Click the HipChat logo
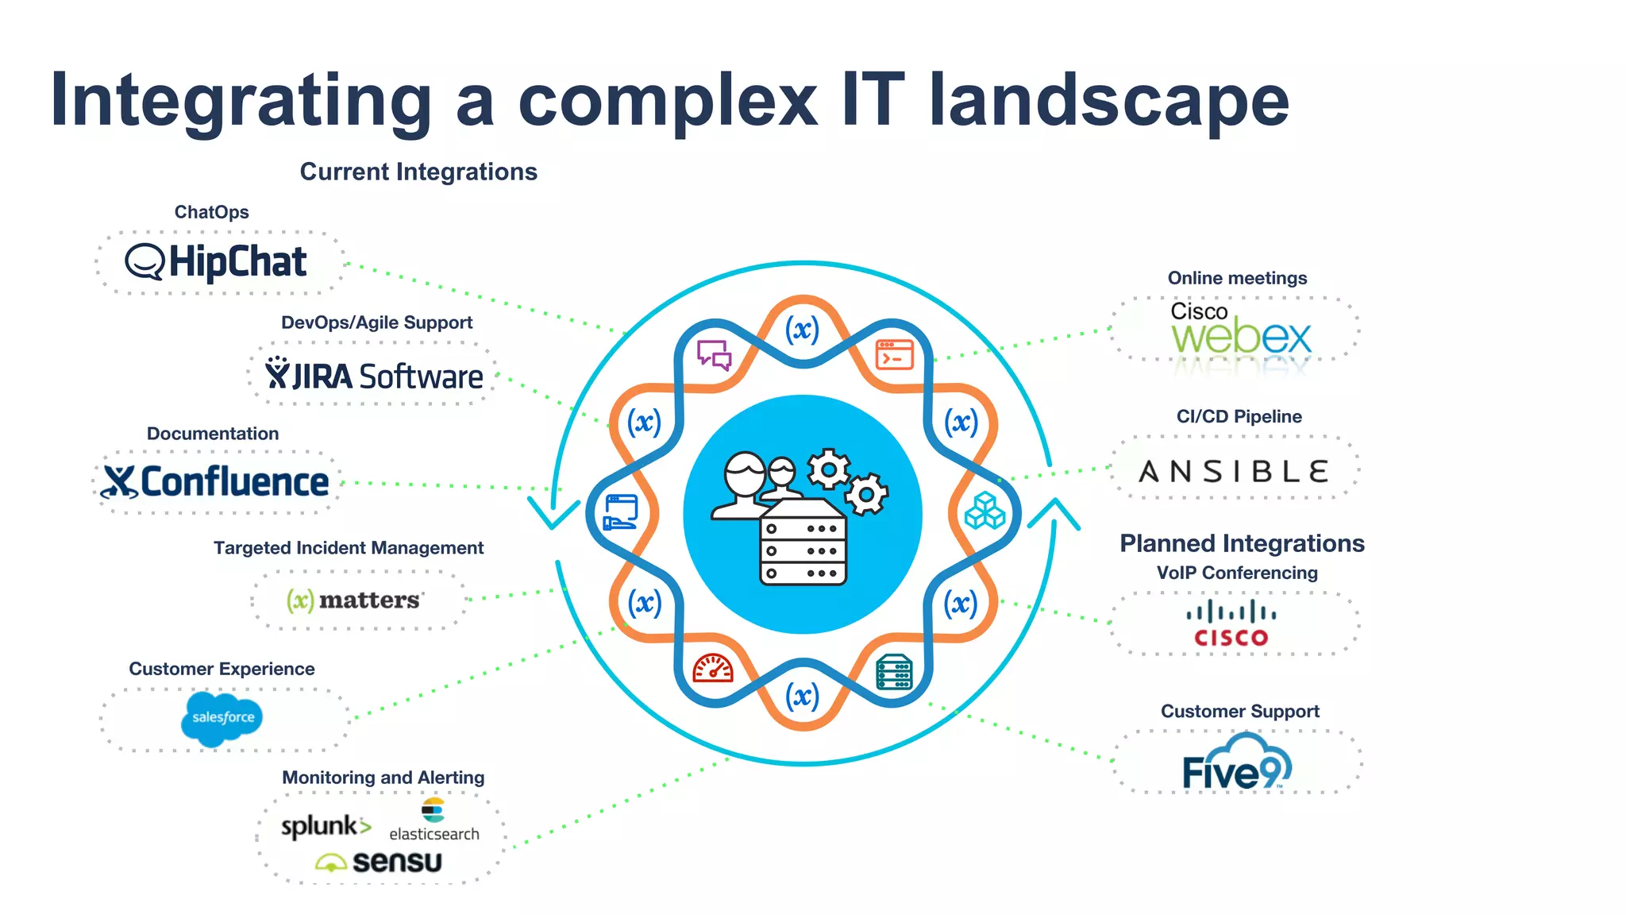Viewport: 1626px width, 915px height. [x=216, y=262]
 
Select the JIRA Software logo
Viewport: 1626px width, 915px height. [x=374, y=375]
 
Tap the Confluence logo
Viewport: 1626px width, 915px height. [x=215, y=482]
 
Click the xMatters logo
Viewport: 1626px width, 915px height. [x=353, y=600]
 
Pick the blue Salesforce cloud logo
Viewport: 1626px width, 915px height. [x=222, y=717]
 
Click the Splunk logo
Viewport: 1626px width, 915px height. [x=326, y=826]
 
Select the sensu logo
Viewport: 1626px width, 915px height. [x=379, y=862]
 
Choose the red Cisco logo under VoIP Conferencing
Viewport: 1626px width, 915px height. [x=1231, y=624]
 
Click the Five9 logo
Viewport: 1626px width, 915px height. [x=1236, y=764]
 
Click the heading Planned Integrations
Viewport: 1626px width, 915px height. [x=1242, y=543]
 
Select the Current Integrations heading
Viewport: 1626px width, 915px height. [x=418, y=172]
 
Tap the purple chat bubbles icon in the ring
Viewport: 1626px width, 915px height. [x=714, y=355]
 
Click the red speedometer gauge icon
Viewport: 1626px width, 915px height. [x=713, y=670]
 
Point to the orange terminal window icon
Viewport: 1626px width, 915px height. [x=894, y=355]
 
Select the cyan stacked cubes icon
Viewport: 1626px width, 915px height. [x=984, y=511]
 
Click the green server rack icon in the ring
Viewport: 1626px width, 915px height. [x=894, y=673]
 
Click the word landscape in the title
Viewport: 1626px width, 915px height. [x=1108, y=100]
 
